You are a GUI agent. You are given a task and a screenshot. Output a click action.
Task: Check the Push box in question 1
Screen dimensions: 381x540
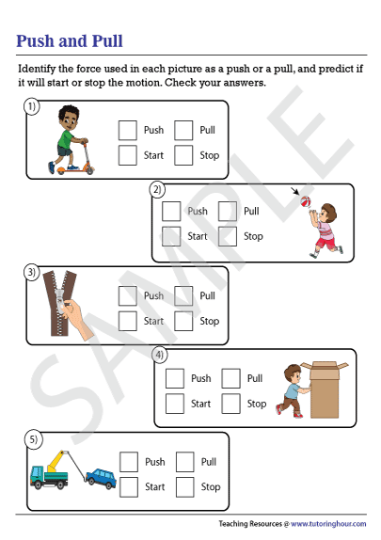(127, 130)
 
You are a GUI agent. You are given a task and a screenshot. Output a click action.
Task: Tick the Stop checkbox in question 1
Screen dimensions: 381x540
(183, 155)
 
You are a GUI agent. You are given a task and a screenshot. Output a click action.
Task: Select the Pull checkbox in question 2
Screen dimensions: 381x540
(228, 211)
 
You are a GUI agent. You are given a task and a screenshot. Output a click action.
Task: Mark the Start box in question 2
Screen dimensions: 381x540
(171, 236)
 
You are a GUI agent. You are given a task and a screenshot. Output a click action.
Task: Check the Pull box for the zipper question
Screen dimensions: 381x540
(183, 295)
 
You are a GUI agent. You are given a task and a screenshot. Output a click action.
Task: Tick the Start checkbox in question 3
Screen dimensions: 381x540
(127, 321)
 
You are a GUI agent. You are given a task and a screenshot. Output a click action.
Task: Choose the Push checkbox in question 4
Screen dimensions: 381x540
(175, 378)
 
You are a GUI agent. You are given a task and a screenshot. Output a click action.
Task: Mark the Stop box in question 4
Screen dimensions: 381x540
(230, 404)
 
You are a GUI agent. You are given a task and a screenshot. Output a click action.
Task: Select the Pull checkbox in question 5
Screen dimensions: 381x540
(185, 462)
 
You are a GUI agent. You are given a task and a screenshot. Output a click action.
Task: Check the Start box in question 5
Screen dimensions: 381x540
(129, 487)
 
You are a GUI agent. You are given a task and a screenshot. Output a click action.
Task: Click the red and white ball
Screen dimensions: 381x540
(306, 201)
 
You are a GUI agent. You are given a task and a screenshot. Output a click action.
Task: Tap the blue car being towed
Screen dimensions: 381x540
(101, 478)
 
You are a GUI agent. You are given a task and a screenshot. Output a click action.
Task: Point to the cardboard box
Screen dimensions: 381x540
(325, 389)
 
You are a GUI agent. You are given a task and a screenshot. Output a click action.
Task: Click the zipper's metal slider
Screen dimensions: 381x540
(59, 301)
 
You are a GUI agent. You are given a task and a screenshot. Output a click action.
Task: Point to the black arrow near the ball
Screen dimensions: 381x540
(295, 191)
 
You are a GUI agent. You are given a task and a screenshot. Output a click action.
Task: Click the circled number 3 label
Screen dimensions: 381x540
(32, 272)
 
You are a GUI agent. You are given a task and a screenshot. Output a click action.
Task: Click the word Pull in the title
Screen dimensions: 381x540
(107, 41)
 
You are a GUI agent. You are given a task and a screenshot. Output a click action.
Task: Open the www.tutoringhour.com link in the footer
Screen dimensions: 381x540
(328, 524)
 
